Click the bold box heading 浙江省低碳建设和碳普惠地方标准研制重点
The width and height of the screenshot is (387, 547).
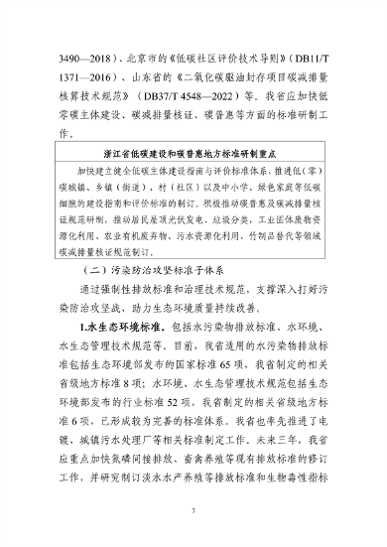point(193,155)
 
